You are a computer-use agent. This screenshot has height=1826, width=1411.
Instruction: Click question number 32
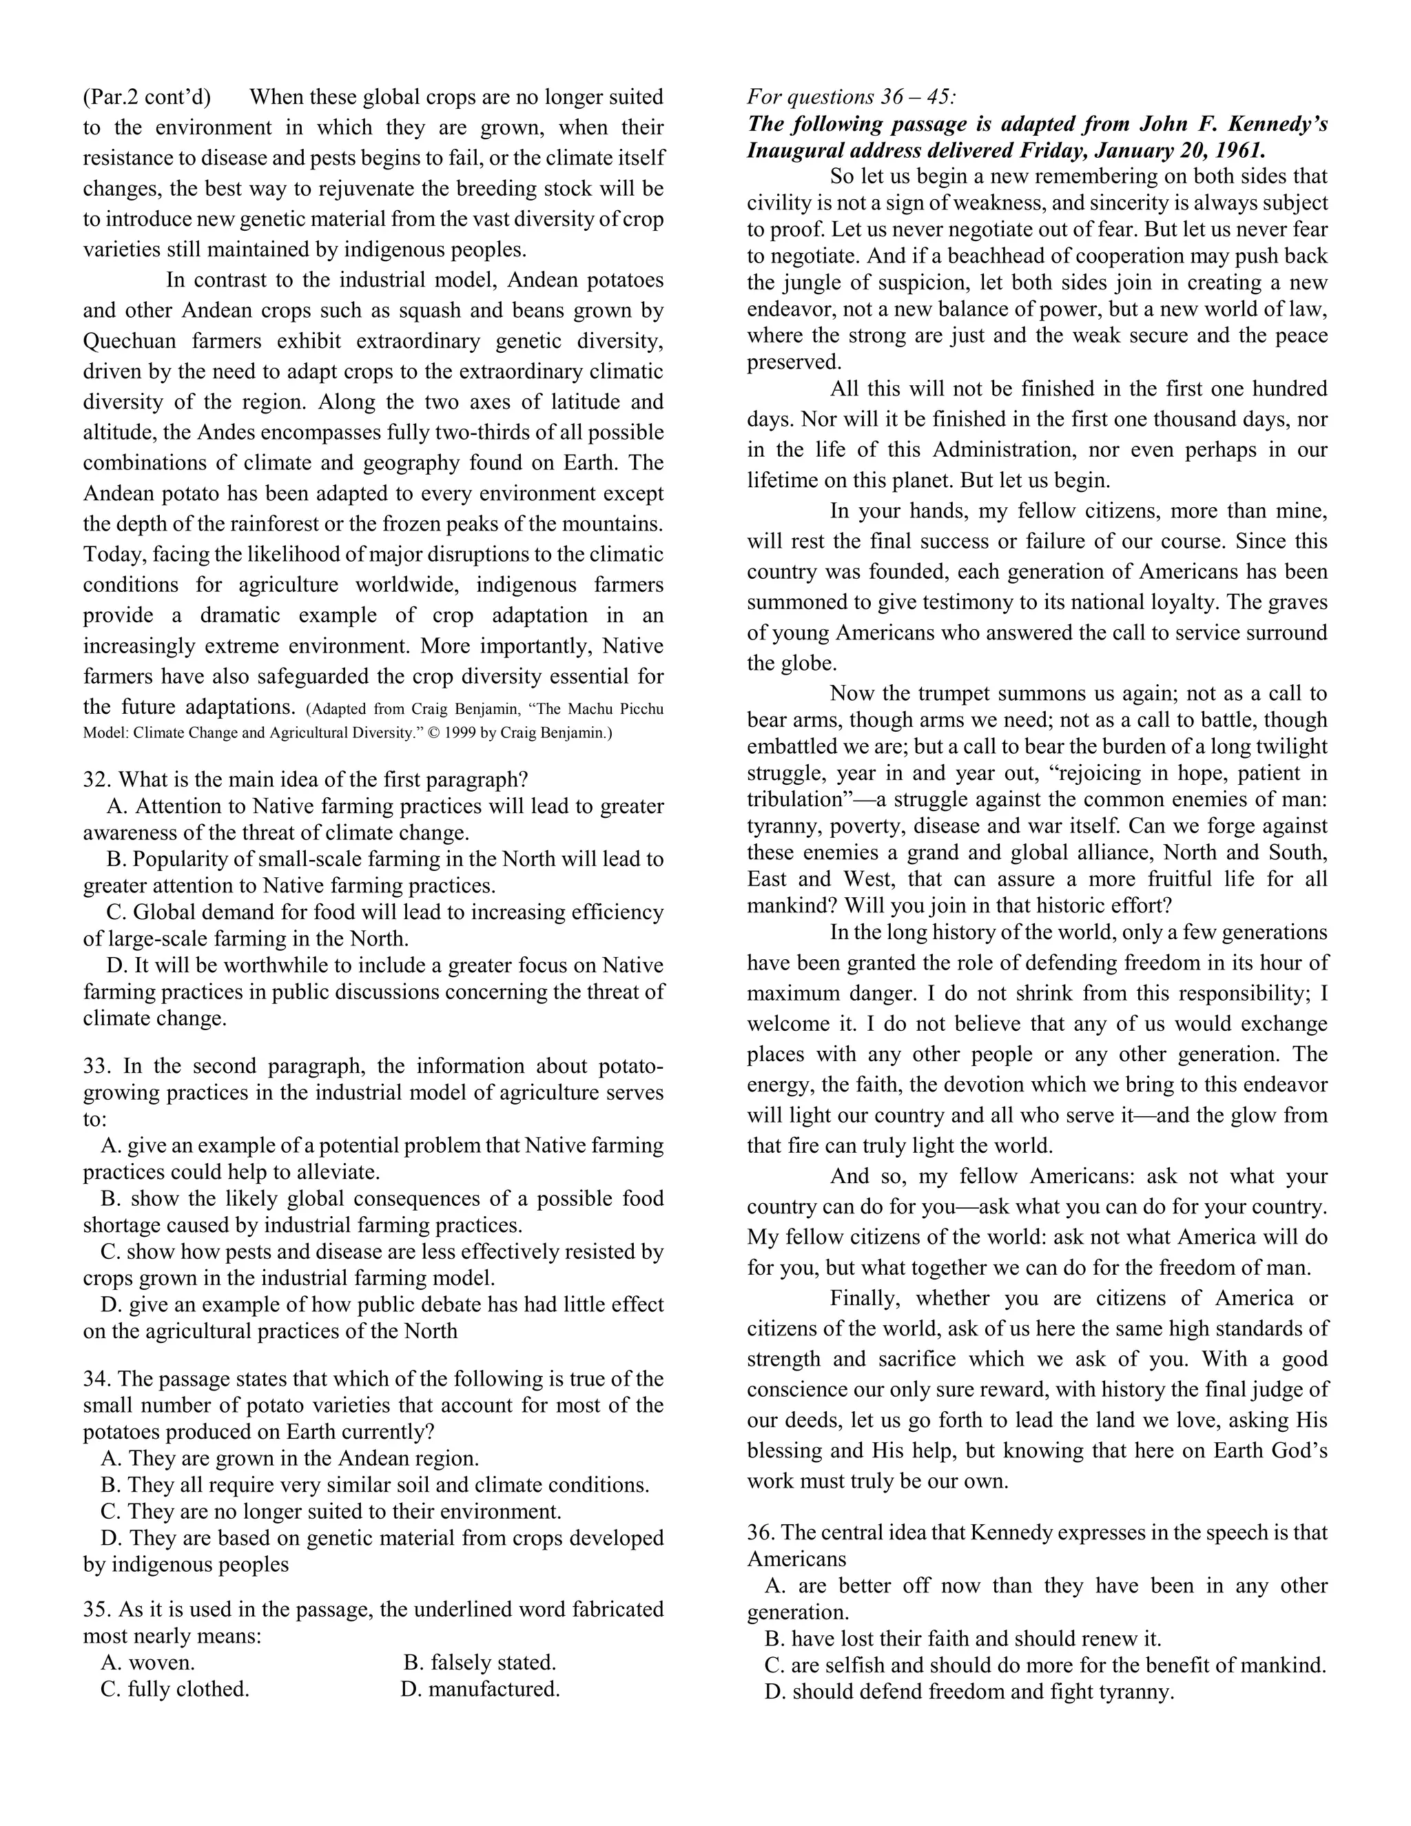96,780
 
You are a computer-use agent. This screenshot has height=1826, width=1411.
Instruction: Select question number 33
96,1066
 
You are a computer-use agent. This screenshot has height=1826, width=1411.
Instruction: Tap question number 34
96,1379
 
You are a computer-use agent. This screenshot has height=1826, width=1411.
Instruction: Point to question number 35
96,1610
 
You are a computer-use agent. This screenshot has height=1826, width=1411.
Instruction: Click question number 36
761,1532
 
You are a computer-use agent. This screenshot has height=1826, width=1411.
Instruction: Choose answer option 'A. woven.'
148,1662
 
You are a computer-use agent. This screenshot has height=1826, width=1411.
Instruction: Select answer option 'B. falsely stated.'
480,1662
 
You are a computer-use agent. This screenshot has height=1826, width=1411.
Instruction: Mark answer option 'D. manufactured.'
480,1689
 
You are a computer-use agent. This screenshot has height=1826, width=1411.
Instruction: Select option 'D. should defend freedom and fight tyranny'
969,1692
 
